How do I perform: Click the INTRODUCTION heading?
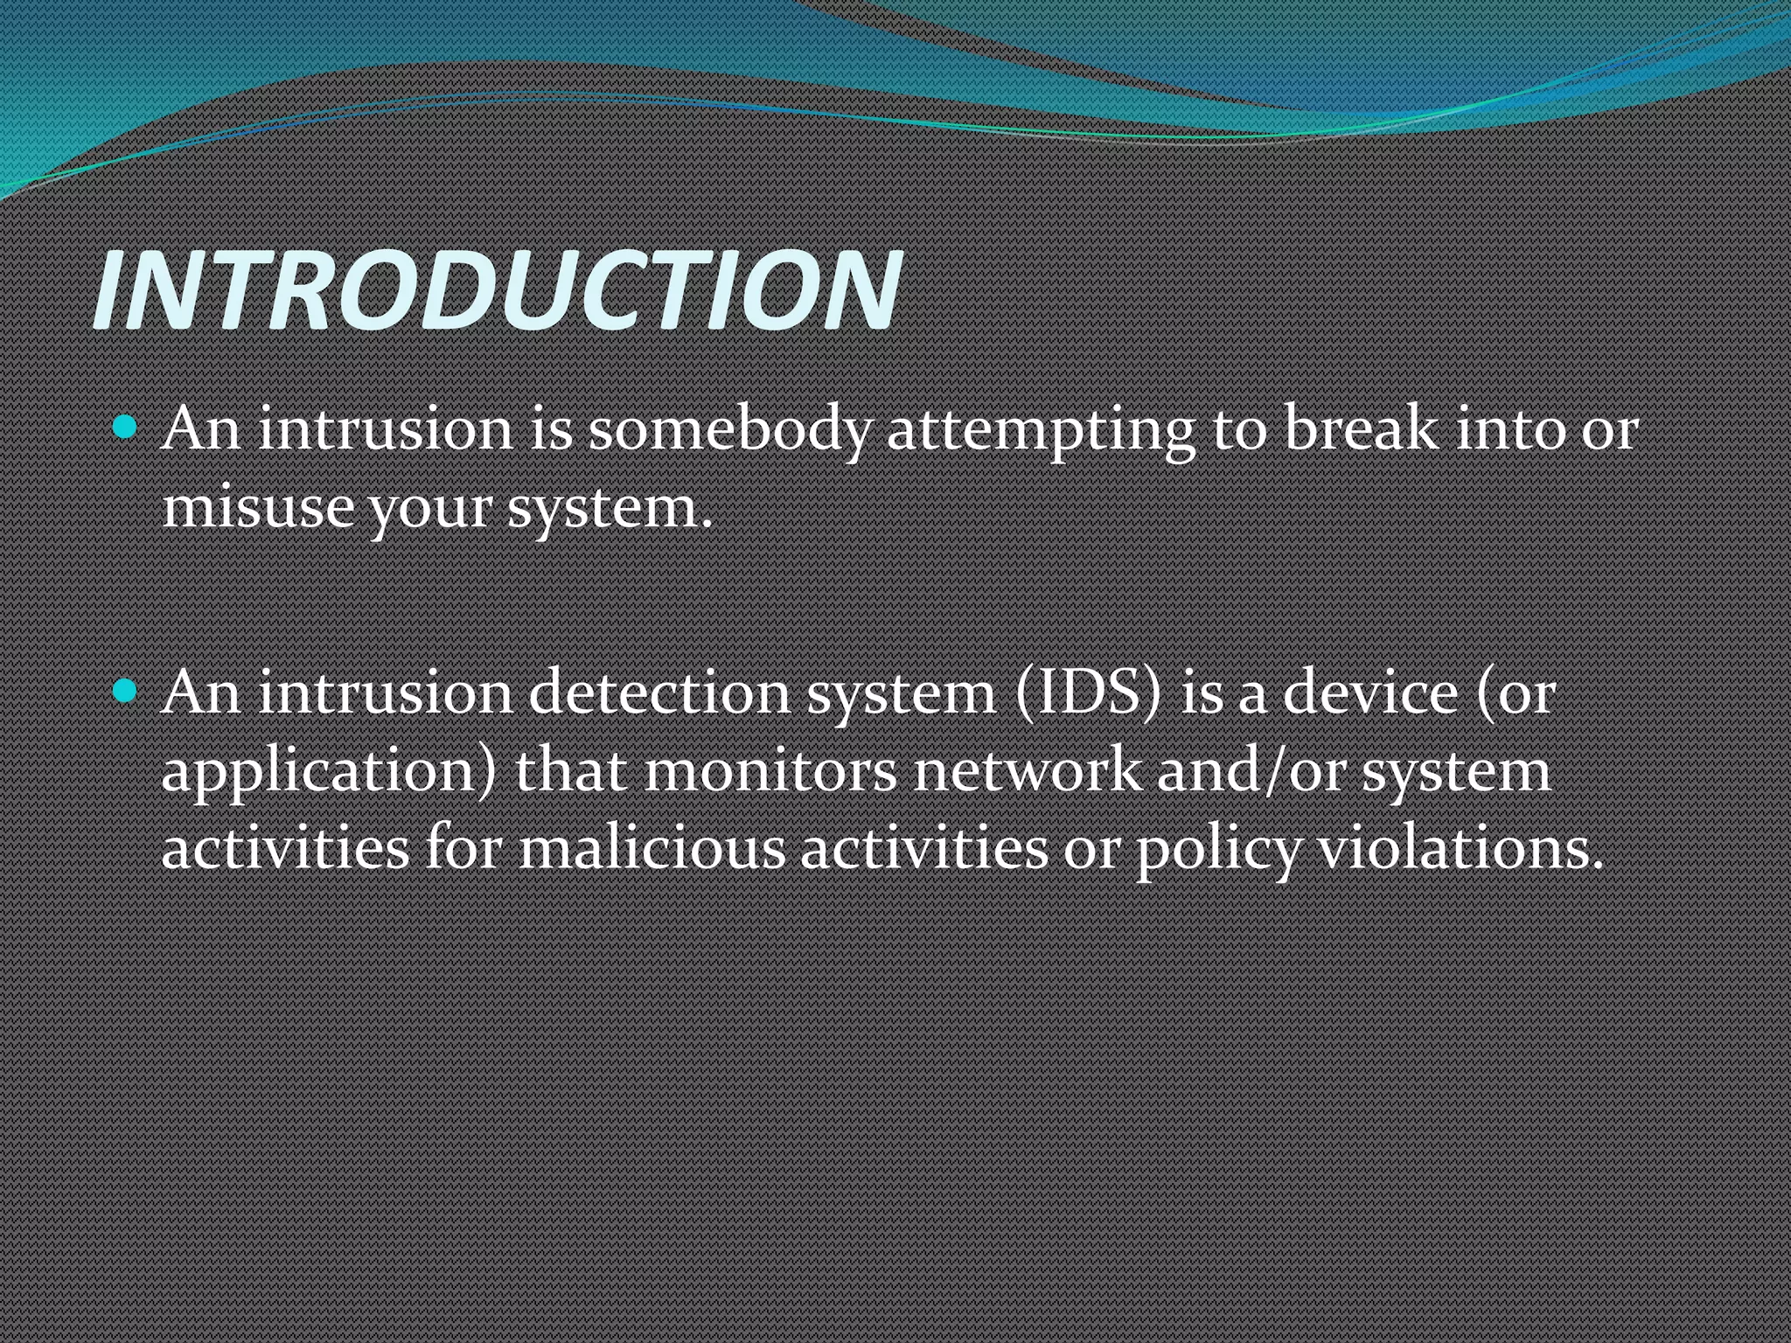(x=497, y=290)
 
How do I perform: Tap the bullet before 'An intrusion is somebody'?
(x=126, y=428)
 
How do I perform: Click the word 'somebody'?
(x=729, y=430)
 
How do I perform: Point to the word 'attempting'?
(x=1041, y=430)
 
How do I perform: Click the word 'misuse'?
(x=257, y=507)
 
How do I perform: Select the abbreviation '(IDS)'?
(x=1088, y=693)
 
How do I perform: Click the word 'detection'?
(x=659, y=693)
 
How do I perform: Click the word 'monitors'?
(x=770, y=771)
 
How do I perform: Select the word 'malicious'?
(x=652, y=848)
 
